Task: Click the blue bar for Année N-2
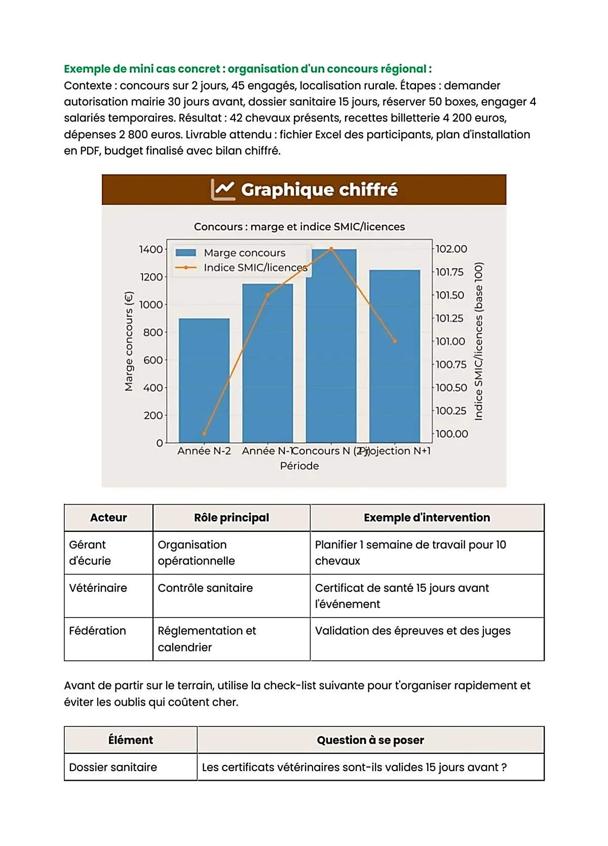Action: pos(204,380)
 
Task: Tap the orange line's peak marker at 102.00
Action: pos(331,249)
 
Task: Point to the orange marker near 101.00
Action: pos(395,341)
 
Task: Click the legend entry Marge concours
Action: pos(244,253)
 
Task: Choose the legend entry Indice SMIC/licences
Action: pos(255,267)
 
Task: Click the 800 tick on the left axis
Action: pos(153,332)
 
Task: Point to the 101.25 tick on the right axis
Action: pos(449,318)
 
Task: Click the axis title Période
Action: pos(299,466)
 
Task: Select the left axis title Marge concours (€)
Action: pos(129,341)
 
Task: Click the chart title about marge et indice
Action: pos(299,226)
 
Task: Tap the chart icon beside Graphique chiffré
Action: pos(222,189)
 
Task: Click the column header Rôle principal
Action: pos(232,518)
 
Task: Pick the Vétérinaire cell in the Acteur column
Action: pos(98,588)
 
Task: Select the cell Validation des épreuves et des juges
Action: pos(412,631)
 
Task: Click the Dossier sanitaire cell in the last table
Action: pos(113,767)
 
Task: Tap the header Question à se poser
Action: pos(370,740)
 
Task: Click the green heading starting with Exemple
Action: pos(248,69)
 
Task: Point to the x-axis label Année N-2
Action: pos(204,451)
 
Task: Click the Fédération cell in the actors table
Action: pos(97,631)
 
